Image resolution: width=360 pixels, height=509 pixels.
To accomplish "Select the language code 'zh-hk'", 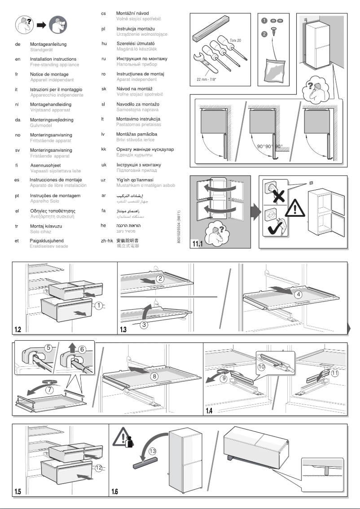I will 105,241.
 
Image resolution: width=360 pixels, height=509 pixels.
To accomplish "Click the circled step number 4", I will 297,295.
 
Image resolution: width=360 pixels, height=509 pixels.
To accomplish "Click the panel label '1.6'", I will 115,491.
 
